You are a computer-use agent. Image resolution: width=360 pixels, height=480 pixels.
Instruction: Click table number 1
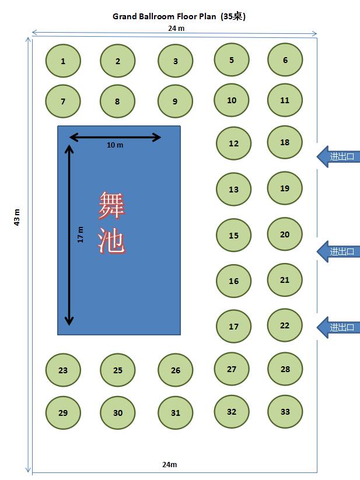point(63,61)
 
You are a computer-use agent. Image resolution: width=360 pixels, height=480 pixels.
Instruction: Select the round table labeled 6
point(285,60)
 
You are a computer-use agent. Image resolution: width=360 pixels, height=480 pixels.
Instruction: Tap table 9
point(175,101)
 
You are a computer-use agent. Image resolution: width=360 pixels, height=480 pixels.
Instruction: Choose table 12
point(233,143)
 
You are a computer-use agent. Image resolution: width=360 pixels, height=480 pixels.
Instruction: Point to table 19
point(285,188)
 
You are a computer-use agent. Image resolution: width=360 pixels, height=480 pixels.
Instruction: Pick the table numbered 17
point(233,326)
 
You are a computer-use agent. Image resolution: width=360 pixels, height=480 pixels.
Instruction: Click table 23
point(63,370)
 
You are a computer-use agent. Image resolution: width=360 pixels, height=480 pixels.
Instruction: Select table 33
point(285,411)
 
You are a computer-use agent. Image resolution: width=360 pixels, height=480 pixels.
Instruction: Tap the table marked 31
point(175,412)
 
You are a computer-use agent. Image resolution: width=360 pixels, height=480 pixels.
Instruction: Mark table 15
point(233,236)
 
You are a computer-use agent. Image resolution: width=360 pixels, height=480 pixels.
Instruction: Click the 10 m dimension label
point(115,145)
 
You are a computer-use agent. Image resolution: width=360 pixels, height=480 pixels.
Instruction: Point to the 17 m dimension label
point(81,234)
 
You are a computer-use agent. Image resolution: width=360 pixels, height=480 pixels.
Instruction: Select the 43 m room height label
point(17,217)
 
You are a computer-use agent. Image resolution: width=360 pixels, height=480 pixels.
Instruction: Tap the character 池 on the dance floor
point(111,240)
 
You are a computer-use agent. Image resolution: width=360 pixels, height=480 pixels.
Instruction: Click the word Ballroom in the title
point(155,16)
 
